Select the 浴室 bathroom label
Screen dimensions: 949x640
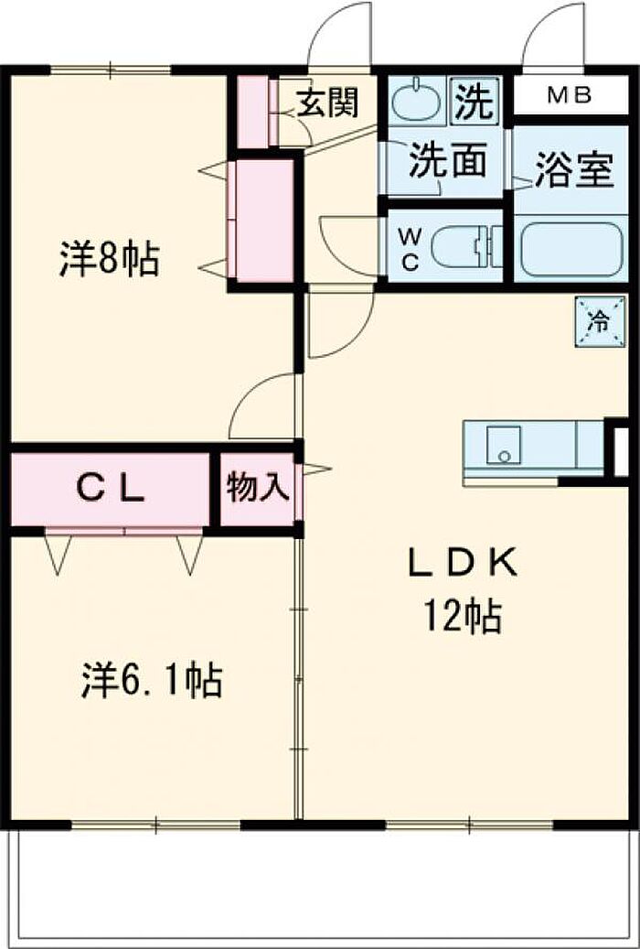573,171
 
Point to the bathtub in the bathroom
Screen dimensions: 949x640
572,247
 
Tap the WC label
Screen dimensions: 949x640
410,247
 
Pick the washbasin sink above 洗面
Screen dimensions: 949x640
416,102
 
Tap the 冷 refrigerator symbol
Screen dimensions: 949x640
600,321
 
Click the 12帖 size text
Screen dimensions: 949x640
462,618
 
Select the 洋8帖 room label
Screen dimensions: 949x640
109,259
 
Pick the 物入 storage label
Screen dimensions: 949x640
257,489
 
